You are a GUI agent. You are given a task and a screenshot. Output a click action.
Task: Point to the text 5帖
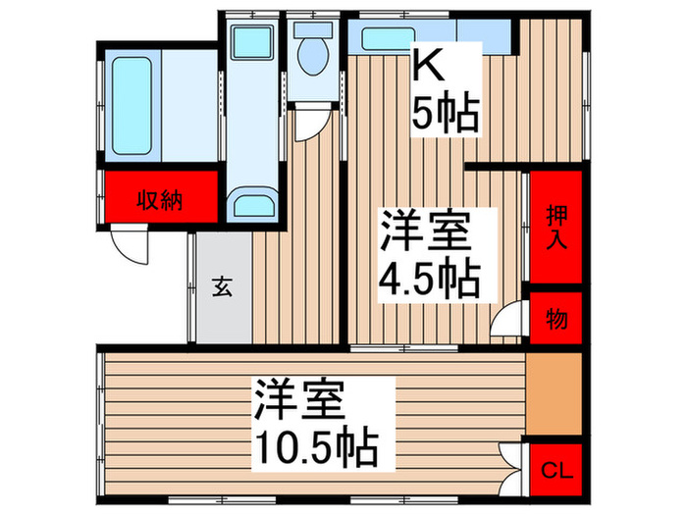point(444,116)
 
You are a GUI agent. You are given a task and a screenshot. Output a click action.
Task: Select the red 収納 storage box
point(158,199)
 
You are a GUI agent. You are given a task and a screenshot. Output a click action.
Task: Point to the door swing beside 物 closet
point(509,322)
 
